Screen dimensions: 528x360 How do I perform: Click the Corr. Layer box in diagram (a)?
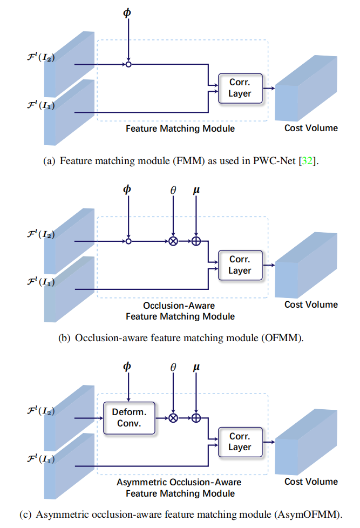[240, 88]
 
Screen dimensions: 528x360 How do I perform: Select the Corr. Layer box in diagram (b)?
[240, 265]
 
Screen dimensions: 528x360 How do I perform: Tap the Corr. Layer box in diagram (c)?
[240, 441]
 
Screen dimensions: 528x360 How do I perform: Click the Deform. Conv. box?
[129, 418]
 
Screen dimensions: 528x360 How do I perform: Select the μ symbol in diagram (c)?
[196, 367]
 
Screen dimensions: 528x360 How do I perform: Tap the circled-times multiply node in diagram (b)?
[173, 241]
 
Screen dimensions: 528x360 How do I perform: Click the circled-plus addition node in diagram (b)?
[196, 241]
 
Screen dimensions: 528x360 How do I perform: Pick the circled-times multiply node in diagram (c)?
[173, 418]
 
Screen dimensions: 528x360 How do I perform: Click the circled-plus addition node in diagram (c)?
[196, 418]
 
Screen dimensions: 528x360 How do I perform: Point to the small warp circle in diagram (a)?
[128, 64]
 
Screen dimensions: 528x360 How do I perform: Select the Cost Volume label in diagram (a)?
[311, 128]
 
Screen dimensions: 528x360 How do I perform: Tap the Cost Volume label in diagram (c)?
[311, 482]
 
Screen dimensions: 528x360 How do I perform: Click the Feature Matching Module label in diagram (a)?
[180, 128]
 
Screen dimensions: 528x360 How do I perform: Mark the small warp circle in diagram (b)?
[128, 241]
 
